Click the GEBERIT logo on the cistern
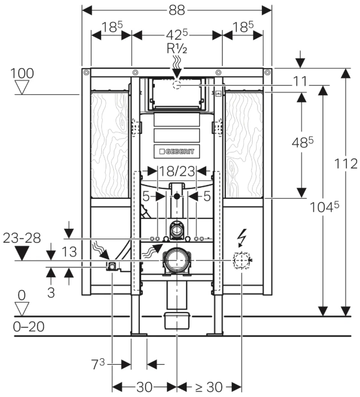pos(177,151)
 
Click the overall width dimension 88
pos(177,10)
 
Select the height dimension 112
pos(346,164)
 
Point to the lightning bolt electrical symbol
pos(242,236)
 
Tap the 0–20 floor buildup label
pos(28,326)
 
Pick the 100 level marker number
pos(22,73)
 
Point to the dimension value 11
pos(299,81)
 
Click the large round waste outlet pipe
pos(176,261)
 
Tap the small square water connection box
pos(111,266)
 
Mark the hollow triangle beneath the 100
pos(23,87)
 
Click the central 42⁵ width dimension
pos(177,34)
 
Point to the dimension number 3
pos(51,293)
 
